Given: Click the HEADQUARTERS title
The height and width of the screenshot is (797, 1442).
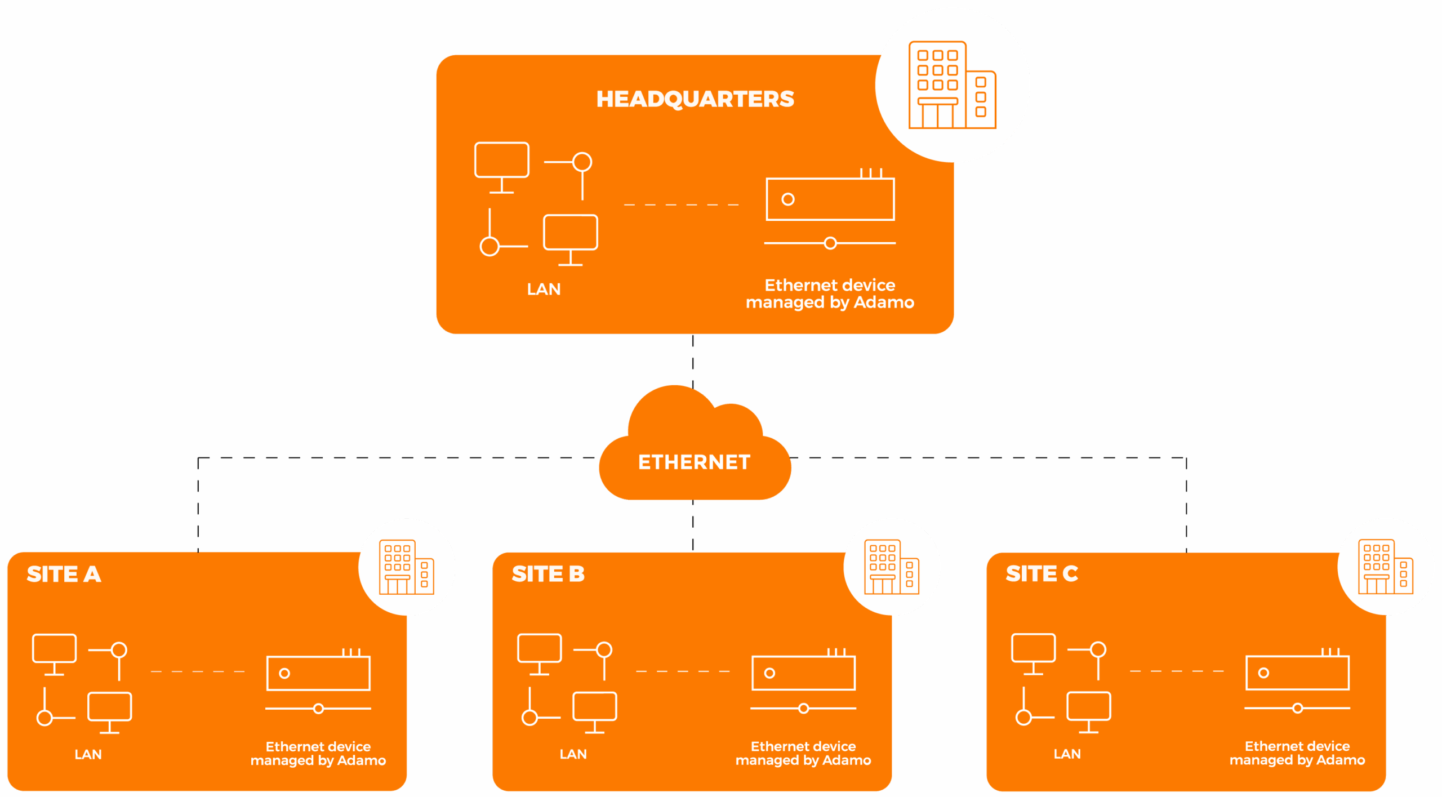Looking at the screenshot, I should tap(695, 99).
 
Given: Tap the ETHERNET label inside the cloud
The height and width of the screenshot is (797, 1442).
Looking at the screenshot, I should tap(694, 462).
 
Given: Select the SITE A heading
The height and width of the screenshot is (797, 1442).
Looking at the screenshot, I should tap(64, 574).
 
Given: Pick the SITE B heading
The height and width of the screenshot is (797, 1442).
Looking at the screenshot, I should tap(548, 574).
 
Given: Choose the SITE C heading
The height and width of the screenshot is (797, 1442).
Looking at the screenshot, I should tap(1042, 573).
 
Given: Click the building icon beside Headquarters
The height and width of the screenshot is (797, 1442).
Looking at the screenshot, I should tap(952, 85).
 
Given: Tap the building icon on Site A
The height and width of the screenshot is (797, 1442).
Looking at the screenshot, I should tap(406, 567).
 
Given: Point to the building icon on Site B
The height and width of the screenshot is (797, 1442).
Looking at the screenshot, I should tap(891, 567).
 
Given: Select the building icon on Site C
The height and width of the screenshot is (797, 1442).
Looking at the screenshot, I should tap(1385, 567).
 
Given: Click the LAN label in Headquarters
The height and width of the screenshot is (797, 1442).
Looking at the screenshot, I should tap(544, 290).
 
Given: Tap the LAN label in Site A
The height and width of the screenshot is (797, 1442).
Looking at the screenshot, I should tap(88, 755).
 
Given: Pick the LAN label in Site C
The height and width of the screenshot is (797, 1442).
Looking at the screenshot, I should tap(1067, 754).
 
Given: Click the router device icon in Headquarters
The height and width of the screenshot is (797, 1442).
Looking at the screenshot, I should tap(830, 198).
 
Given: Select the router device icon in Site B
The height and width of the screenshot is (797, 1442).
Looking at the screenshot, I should tap(803, 673).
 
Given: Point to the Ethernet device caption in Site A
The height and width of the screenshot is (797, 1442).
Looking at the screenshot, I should tap(318, 754).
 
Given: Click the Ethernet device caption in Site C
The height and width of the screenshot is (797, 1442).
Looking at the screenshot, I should tap(1297, 753).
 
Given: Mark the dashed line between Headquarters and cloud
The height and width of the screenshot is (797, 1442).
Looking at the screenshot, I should tap(693, 360).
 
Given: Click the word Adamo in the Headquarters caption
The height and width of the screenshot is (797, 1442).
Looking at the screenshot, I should tap(884, 302).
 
